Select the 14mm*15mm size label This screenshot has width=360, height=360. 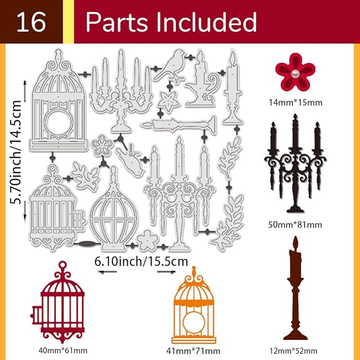click(295, 102)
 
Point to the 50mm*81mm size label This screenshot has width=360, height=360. click(294, 224)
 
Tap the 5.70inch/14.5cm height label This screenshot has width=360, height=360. click(17, 152)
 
